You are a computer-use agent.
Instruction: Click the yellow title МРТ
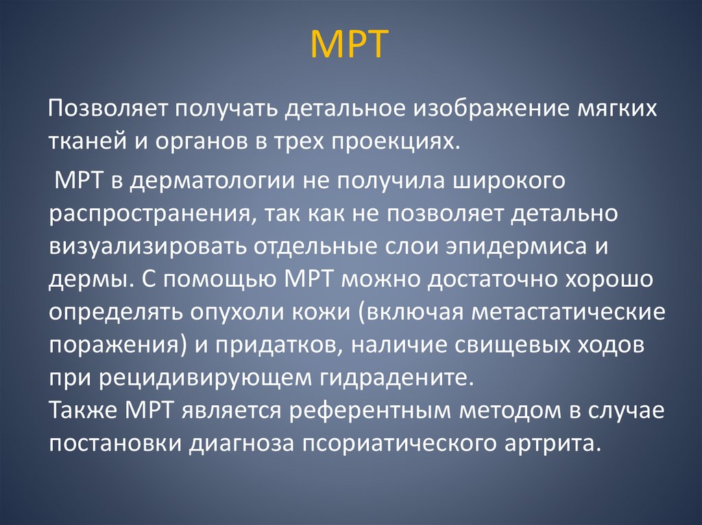click(350, 44)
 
